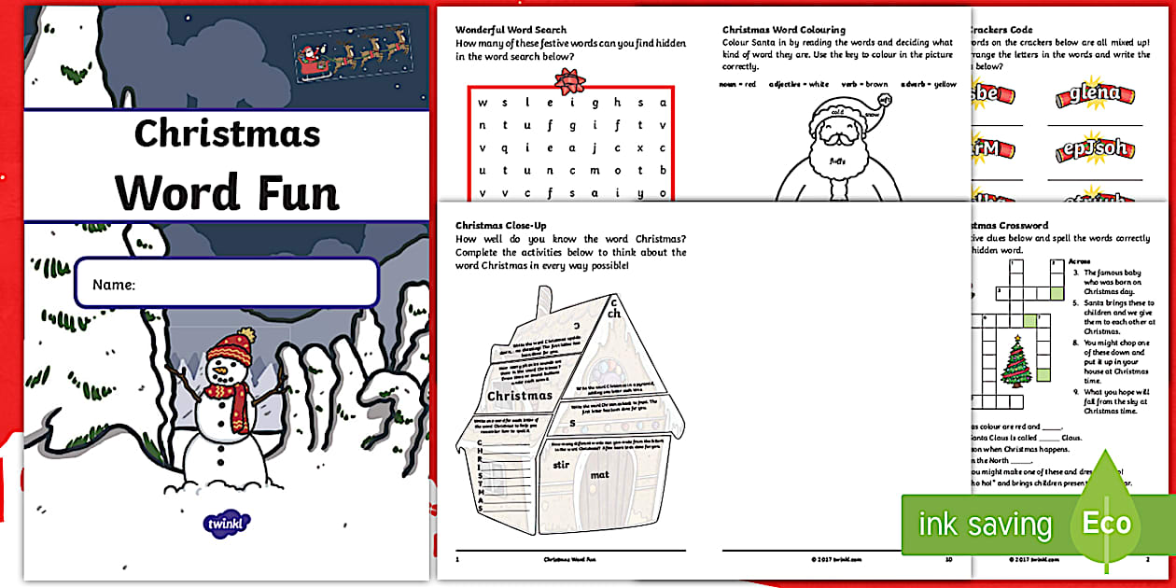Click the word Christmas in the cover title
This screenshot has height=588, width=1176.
coord(227,134)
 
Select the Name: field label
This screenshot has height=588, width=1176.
coord(114,285)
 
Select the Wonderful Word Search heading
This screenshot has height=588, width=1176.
coord(511,30)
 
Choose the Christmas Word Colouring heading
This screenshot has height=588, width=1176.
coord(784,30)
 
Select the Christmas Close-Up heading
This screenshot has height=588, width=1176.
coord(500,225)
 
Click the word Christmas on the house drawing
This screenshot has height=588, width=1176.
coord(520,395)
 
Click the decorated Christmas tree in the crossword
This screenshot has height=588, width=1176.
coord(1015,359)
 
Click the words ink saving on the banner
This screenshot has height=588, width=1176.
coord(985,525)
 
